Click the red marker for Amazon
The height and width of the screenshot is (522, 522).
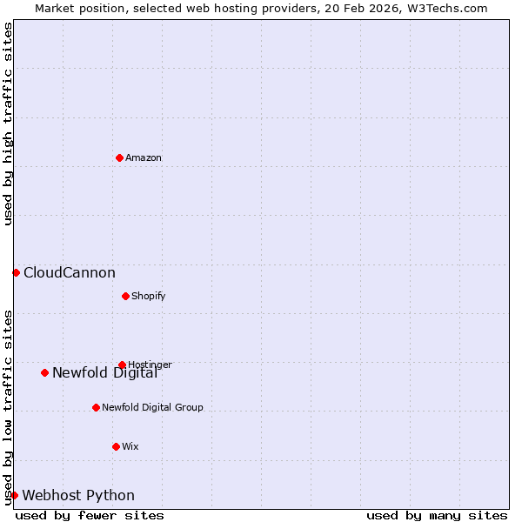(119, 157)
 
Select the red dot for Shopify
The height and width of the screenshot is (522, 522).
(125, 296)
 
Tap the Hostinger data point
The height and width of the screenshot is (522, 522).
(122, 365)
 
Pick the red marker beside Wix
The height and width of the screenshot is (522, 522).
(116, 446)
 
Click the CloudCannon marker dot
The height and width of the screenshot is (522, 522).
(16, 272)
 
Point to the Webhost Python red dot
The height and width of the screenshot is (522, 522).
(14, 495)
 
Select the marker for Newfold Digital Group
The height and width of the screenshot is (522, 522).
(96, 407)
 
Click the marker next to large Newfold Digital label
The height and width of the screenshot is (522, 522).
(44, 372)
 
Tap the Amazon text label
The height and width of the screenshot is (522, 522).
(144, 157)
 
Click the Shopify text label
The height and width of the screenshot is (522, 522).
(149, 296)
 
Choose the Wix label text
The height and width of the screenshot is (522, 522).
(130, 446)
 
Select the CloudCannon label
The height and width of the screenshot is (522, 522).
(70, 272)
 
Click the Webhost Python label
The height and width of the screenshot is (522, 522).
(78, 495)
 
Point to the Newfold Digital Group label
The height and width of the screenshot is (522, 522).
(152, 407)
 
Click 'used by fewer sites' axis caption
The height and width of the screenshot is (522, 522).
(90, 515)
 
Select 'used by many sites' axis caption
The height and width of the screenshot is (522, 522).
(437, 515)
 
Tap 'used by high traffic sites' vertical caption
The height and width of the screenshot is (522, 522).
(8, 124)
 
